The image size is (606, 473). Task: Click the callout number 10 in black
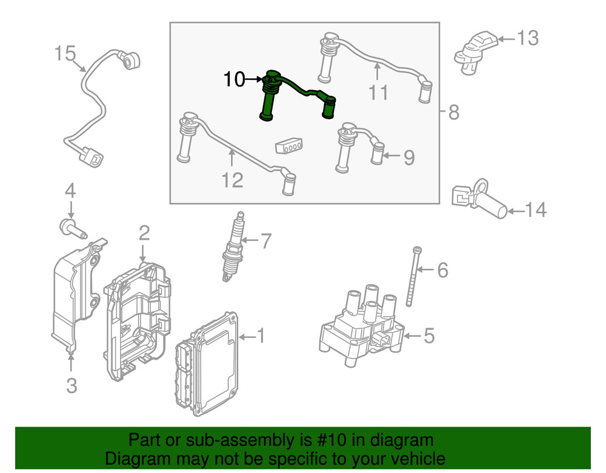point(234,79)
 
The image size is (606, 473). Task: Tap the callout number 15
point(66,53)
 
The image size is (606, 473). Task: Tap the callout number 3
point(72,385)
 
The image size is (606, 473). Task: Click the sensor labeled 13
point(477,51)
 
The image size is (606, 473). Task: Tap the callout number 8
point(454,112)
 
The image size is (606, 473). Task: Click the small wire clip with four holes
point(289,146)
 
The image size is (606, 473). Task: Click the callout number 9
point(409,158)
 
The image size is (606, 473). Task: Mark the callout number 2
point(144,232)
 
